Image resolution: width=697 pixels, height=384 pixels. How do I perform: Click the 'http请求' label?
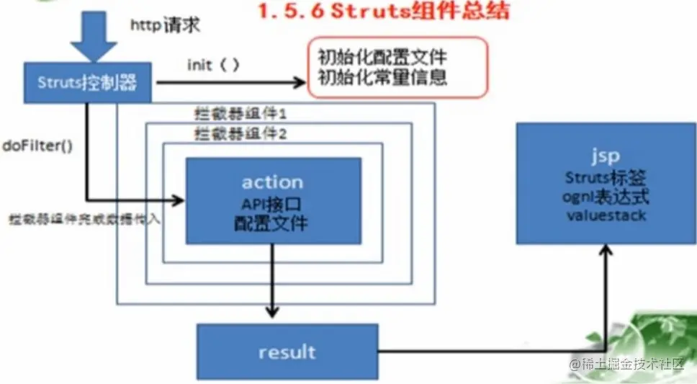pos(165,26)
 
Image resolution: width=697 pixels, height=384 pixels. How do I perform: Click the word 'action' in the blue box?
pos(271,182)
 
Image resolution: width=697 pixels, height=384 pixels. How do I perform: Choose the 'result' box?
pos(287,352)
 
